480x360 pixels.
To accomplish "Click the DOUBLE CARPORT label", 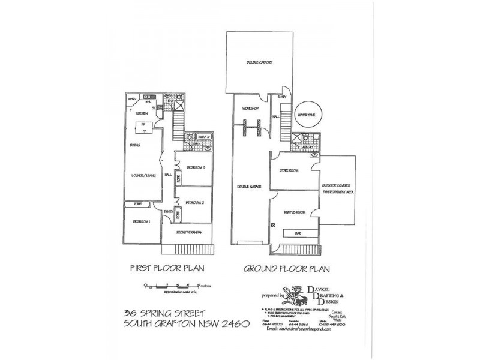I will pos(256,62).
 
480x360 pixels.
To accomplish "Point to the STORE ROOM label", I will pos(289,170).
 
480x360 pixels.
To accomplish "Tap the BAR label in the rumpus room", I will pos(296,234).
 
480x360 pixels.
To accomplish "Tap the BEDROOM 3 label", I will pos(196,167).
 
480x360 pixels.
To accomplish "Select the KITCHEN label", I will pos(142,113).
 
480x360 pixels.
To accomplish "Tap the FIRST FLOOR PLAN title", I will pos(158,268).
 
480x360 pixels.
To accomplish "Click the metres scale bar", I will pos(170,287).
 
